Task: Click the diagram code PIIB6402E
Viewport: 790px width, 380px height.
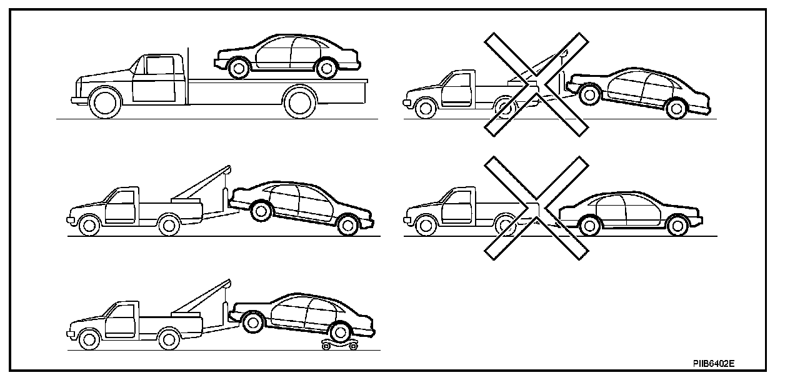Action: tap(713, 362)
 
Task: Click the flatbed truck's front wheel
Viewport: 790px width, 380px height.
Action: tap(104, 102)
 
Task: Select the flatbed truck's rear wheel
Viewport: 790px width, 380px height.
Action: tap(300, 102)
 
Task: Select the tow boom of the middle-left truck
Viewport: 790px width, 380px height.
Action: tap(199, 185)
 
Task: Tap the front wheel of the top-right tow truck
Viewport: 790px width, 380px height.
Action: tap(426, 108)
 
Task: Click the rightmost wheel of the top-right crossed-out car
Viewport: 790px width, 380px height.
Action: tap(675, 109)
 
